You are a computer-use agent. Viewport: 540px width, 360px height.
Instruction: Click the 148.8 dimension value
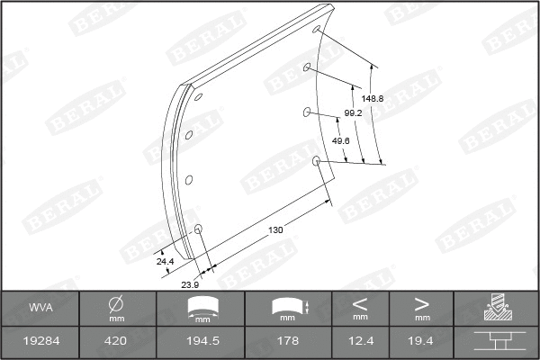tap(373, 98)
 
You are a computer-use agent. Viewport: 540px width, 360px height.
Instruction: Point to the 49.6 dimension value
tap(340, 141)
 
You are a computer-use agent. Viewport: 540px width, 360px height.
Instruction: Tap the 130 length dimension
tap(276, 230)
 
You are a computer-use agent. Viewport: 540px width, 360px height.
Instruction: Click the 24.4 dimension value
tap(164, 261)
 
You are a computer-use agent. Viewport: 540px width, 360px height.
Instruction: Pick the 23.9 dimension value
tap(191, 284)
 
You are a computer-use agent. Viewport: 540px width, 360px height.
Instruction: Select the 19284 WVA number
tap(41, 341)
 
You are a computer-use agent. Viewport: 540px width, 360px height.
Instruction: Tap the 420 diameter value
tap(116, 341)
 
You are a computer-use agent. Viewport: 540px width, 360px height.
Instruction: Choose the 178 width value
tap(287, 341)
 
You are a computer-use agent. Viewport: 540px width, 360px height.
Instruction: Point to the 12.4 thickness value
tap(360, 341)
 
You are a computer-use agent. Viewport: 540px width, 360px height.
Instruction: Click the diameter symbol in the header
tap(116, 304)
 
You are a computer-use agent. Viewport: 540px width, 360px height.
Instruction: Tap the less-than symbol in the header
tap(360, 303)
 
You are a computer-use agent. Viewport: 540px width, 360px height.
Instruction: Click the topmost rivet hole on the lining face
tap(317, 31)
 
